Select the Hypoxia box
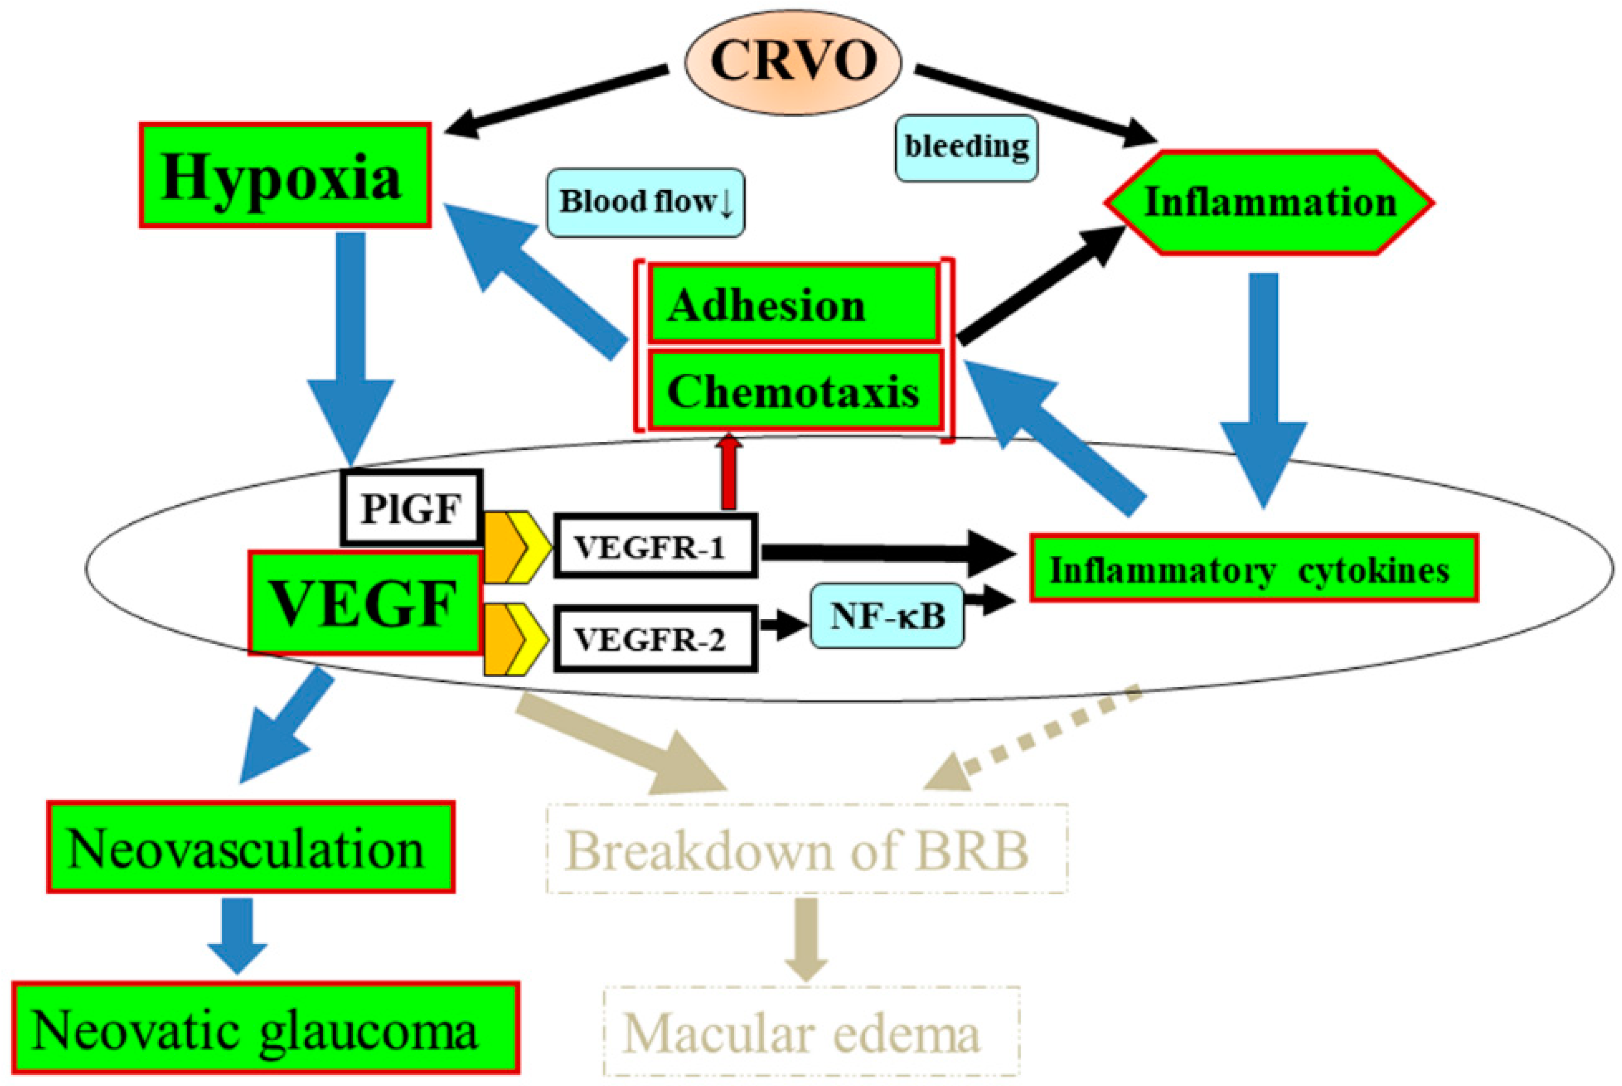coord(284,175)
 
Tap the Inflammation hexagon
coord(1269,202)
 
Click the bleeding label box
coord(966,147)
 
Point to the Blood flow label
coord(646,202)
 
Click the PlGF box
coord(411,508)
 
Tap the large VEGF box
coord(365,602)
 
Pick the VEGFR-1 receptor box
coord(655,546)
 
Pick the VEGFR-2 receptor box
coord(655,639)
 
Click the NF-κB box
coord(886,615)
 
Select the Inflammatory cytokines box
coord(1254,568)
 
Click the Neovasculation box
coord(251,847)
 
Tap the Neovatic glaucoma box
coord(265,1028)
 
